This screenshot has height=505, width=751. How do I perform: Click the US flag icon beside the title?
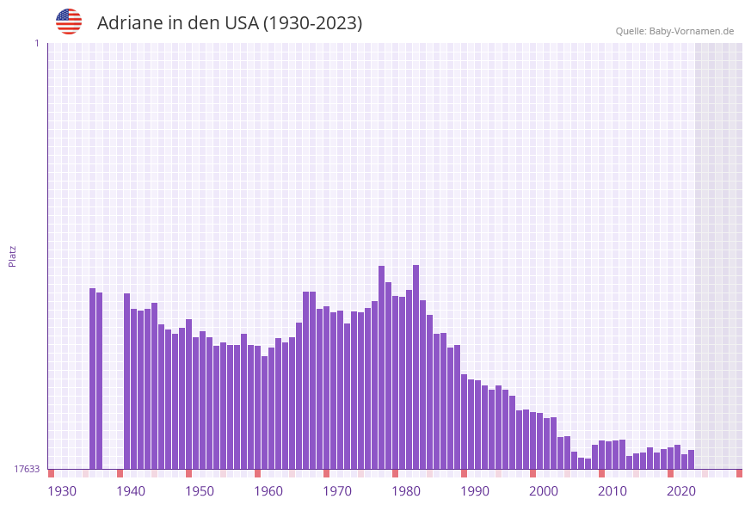[69, 22]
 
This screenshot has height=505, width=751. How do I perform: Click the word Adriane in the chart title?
[130, 23]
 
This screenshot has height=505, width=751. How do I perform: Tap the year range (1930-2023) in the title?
[312, 23]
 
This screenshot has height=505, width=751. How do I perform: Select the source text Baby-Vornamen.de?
[692, 31]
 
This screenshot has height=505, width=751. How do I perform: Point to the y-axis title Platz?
[13, 256]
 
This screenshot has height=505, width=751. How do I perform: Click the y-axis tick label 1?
[36, 43]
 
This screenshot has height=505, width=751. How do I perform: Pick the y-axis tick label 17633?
[27, 469]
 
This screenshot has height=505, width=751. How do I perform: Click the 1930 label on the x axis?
[62, 490]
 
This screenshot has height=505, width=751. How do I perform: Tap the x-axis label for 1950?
[200, 490]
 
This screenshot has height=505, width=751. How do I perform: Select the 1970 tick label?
[337, 490]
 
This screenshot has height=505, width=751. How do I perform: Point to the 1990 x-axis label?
[475, 490]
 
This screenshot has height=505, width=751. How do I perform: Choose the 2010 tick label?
[612, 490]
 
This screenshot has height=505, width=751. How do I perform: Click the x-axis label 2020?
[681, 490]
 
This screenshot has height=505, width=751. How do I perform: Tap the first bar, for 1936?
[93, 379]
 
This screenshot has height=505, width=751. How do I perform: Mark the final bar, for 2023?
[692, 459]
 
